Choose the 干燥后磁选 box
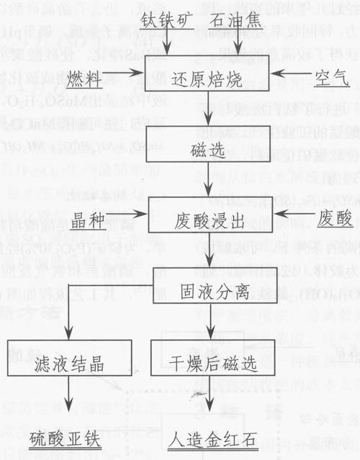(x=208, y=365)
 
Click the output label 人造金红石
(x=210, y=438)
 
